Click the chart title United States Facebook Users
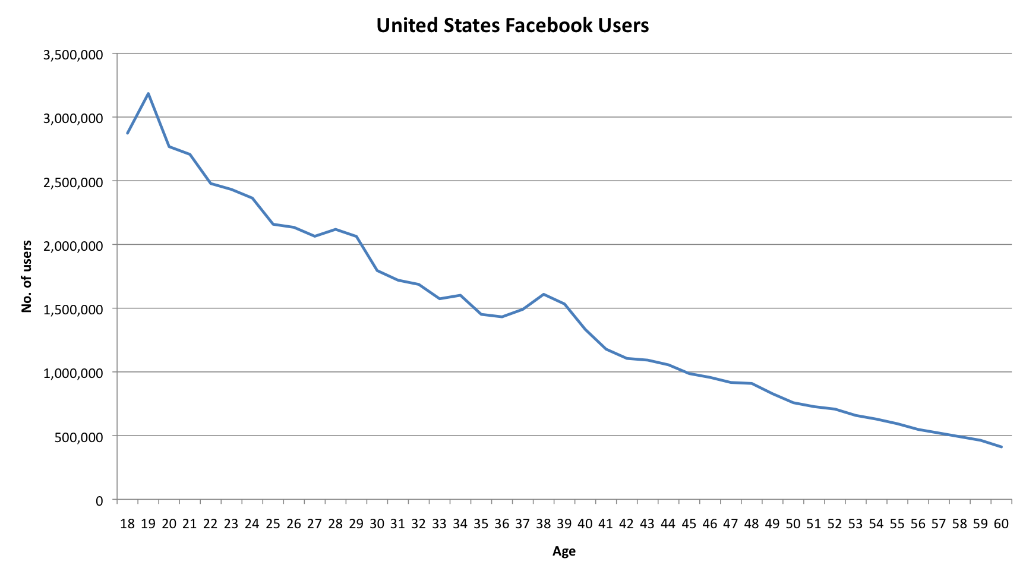[x=512, y=26]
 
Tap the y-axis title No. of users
[x=27, y=276]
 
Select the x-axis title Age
[x=564, y=551]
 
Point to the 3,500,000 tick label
[x=73, y=55]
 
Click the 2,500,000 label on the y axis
[x=73, y=182]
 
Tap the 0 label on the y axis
[x=99, y=501]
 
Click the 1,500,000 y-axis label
[x=73, y=310]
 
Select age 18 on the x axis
[x=127, y=523]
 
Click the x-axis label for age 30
[x=377, y=523]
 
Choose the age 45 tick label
[x=689, y=523]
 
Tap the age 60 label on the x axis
[x=1001, y=523]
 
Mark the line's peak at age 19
[x=148, y=93]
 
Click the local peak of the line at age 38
[x=544, y=294]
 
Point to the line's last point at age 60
[x=1002, y=447]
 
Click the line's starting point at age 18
[x=127, y=133]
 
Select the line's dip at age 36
[x=502, y=317]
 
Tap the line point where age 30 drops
[x=377, y=270]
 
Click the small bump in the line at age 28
[x=336, y=229]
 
